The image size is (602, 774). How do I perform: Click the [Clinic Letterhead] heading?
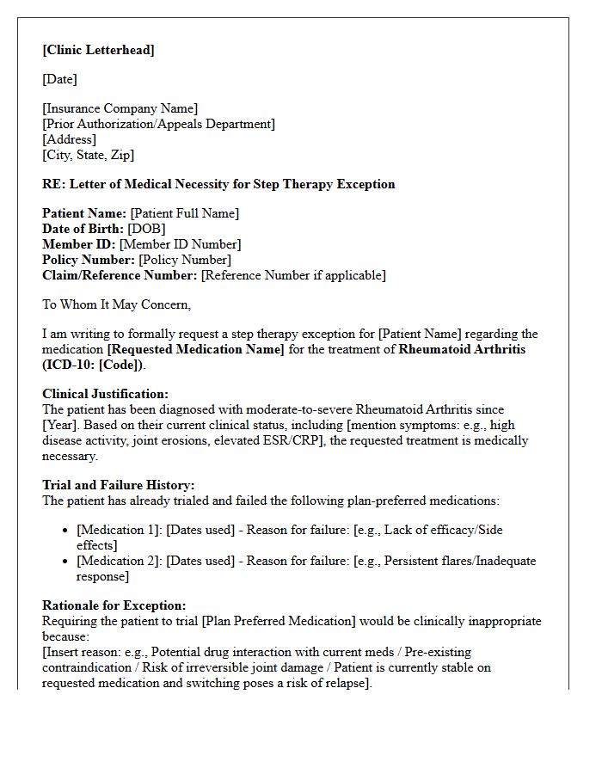[98, 50]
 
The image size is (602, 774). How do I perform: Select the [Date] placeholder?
[59, 79]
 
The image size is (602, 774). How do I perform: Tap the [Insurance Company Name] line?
[120, 108]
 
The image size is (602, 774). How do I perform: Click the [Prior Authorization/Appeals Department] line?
[158, 124]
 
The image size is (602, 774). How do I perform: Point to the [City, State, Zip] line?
[88, 155]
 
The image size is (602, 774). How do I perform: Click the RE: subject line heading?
[218, 184]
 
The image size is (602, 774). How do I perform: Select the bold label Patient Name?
[84, 213]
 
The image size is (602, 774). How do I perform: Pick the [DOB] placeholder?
[146, 229]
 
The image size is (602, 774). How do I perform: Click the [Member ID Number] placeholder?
[180, 244]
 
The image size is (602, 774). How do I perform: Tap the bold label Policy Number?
[89, 260]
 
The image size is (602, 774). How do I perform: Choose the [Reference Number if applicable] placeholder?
[293, 275]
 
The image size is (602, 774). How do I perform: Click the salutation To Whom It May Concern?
[116, 304]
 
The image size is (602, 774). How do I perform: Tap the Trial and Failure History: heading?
[118, 485]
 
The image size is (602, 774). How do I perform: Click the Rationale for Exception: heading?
[114, 605]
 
